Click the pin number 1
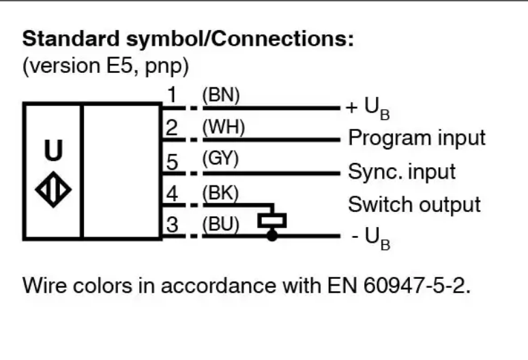[173, 95]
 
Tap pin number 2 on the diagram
[172, 128]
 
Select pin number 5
[172, 162]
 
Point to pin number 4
[172, 194]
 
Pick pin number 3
[172, 224]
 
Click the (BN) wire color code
[221, 95]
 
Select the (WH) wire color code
[223, 127]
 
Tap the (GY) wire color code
[220, 158]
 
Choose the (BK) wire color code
[220, 193]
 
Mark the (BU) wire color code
[221, 224]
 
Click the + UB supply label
[368, 108]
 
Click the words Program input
[417, 138]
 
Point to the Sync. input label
[402, 172]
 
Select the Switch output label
[414, 205]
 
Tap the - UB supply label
[370, 238]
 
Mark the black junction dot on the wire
[272, 235]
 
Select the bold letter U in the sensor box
[53, 150]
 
